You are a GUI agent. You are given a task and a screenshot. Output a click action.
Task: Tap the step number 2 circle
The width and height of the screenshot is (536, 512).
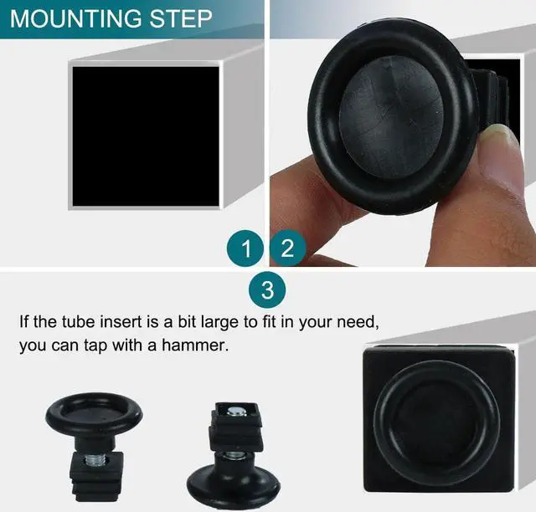pyautogui.click(x=287, y=248)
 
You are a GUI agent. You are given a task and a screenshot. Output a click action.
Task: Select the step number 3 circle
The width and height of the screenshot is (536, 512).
pyautogui.click(x=267, y=291)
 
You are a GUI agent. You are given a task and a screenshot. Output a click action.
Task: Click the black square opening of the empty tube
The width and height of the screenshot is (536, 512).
pyautogui.click(x=145, y=135)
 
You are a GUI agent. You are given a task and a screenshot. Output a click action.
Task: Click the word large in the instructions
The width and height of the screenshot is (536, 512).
pyautogui.click(x=242, y=321)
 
